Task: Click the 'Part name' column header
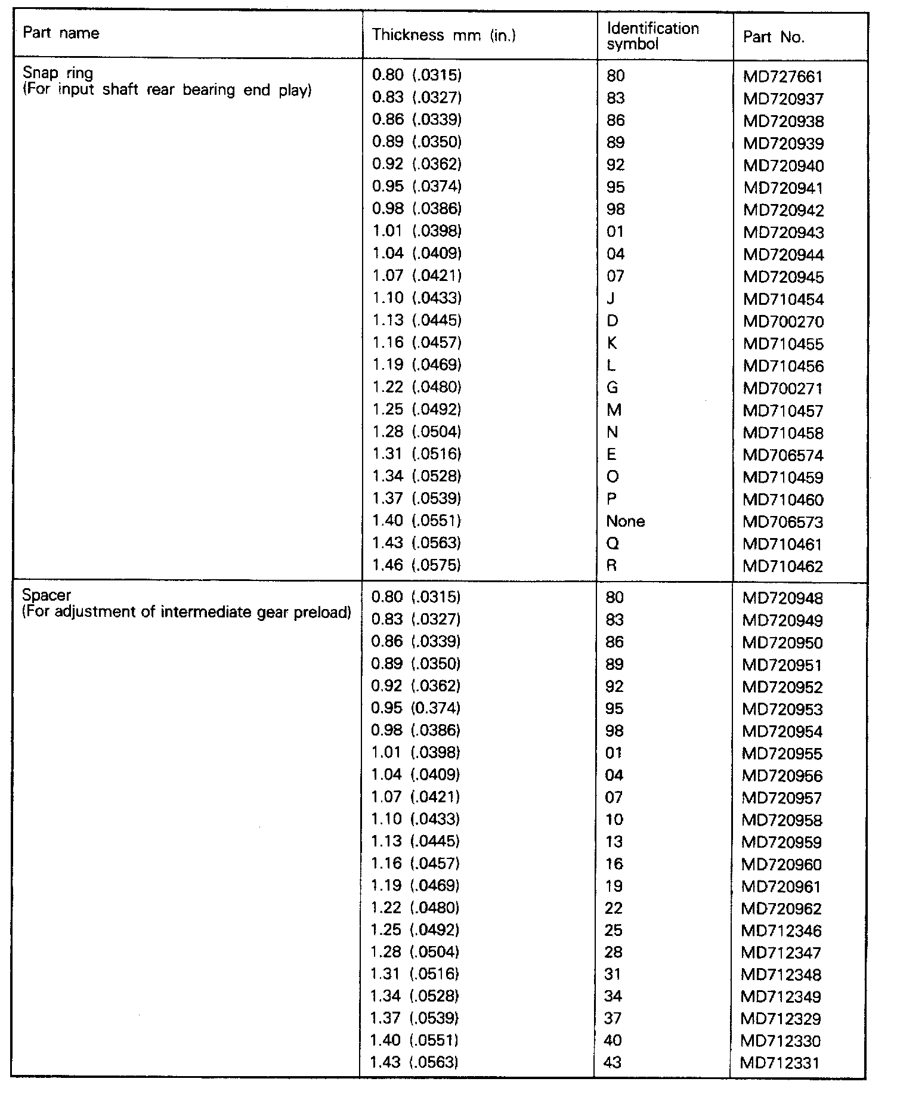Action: pyautogui.click(x=61, y=33)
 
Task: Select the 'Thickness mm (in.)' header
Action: pyautogui.click(x=444, y=35)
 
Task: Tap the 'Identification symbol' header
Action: pyautogui.click(x=652, y=36)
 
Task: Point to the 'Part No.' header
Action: pyautogui.click(x=774, y=38)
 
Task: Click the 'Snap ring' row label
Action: pyautogui.click(x=58, y=73)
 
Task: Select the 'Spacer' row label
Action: pyautogui.click(x=47, y=595)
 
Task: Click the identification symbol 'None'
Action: pyautogui.click(x=625, y=521)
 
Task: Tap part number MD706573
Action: pyautogui.click(x=782, y=523)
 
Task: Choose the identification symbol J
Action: pyautogui.click(x=610, y=298)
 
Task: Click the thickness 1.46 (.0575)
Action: pyautogui.click(x=416, y=565)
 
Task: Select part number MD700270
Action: pyautogui.click(x=783, y=322)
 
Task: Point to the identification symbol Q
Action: pyautogui.click(x=612, y=543)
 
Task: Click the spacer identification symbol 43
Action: pyautogui.click(x=613, y=1062)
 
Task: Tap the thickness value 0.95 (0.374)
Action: pyautogui.click(x=416, y=708)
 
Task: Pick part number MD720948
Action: pyautogui.click(x=782, y=598)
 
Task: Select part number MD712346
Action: pyautogui.click(x=781, y=931)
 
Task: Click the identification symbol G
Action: pyautogui.click(x=613, y=388)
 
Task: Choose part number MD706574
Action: pyautogui.click(x=783, y=456)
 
